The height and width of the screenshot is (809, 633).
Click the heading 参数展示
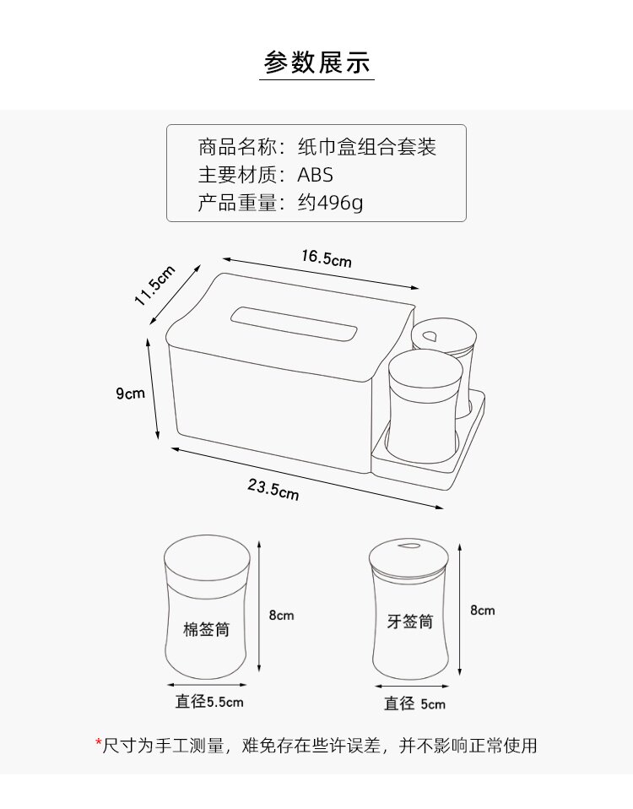pos(316,62)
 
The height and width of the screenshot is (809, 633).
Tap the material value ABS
pos(316,175)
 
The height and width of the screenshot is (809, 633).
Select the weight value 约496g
pos(330,203)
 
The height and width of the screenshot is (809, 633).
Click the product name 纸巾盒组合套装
pos(367,148)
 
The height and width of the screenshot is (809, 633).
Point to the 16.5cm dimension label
pos(326,258)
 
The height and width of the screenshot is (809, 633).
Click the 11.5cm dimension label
pos(154,287)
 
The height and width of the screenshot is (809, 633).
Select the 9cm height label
pos(131,393)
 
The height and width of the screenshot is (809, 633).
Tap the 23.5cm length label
pos(273,489)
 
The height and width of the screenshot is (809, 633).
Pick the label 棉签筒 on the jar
pos(207,630)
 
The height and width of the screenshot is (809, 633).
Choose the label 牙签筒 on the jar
pos(410,622)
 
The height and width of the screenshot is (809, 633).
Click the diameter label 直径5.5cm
pos(209,701)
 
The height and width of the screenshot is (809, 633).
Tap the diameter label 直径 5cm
pos(414,703)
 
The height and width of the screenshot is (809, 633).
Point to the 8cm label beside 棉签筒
pos(281,615)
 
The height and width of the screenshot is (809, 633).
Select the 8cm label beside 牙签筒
pos(483,610)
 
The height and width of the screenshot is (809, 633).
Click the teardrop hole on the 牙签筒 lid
pos(408,546)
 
